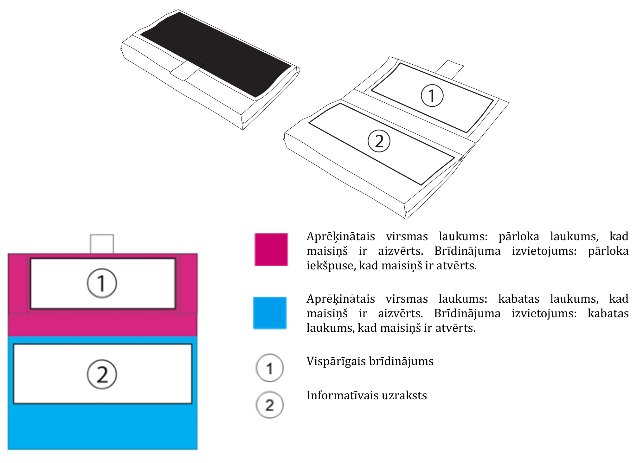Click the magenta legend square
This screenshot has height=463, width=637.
271,249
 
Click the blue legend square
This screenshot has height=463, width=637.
270,313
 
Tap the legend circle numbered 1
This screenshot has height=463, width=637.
270,368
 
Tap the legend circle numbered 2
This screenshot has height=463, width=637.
270,405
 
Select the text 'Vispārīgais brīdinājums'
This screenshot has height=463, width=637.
370,362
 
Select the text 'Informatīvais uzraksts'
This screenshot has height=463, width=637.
367,395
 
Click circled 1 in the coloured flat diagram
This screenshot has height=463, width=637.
102,283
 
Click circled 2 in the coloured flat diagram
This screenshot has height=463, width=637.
102,374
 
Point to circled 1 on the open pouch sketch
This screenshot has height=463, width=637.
432,95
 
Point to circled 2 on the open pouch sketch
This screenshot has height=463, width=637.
379,141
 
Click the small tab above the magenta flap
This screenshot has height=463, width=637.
102,244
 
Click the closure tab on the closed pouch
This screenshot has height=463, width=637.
187,69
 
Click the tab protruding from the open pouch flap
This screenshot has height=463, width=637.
449,69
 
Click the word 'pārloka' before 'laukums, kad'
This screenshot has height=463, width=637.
519,236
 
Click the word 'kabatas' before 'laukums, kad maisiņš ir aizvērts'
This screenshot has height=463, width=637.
519,299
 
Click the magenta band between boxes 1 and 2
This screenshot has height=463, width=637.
103,325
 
